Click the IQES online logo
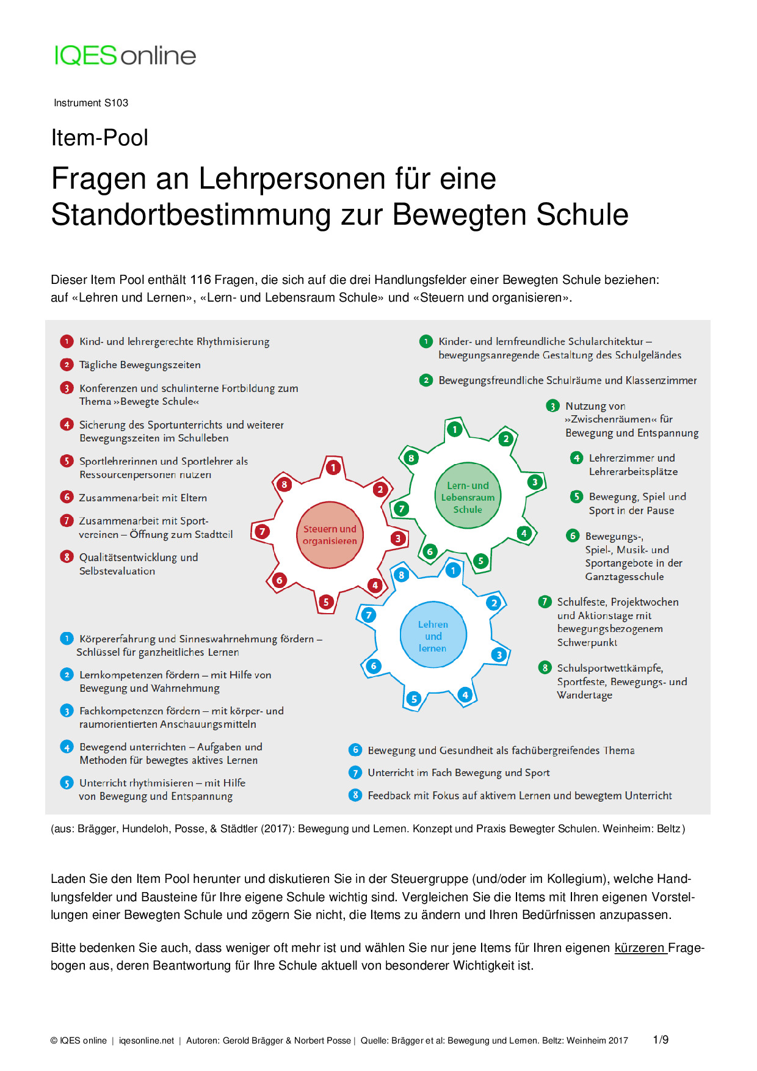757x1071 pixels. click(125, 56)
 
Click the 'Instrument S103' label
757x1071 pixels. click(91, 103)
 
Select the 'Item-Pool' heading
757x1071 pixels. click(100, 138)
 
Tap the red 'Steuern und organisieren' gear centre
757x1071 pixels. click(330, 535)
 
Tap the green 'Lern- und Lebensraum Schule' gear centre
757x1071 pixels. click(468, 497)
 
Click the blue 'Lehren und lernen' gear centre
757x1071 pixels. click(433, 636)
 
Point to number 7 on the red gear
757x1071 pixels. click(262, 531)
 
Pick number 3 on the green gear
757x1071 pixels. click(535, 482)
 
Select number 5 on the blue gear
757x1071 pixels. click(414, 699)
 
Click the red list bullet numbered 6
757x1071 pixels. click(67, 497)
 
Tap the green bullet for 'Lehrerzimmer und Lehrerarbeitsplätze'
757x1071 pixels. click(576, 458)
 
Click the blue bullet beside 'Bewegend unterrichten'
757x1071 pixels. click(67, 747)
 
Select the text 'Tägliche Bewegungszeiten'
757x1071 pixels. click(140, 365)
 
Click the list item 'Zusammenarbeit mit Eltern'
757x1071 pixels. click(143, 498)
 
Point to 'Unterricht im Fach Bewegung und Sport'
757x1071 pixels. click(458, 773)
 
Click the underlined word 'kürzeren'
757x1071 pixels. click(639, 948)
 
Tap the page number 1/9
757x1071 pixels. click(661, 1040)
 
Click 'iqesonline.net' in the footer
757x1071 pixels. click(147, 1040)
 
